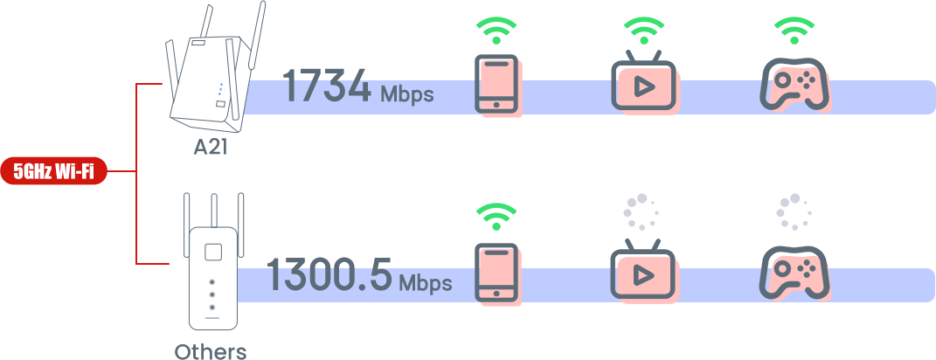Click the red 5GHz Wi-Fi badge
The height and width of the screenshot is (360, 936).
54,171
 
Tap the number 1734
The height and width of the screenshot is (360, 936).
327,87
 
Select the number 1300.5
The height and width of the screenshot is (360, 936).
329,274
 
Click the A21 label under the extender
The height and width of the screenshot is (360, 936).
211,147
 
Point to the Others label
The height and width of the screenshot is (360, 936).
211,351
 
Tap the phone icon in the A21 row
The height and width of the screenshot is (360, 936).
496,84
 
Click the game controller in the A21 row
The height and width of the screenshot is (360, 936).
794,84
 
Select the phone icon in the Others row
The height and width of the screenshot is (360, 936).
496,272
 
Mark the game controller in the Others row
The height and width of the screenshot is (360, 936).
794,273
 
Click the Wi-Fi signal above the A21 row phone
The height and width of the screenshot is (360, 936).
496,31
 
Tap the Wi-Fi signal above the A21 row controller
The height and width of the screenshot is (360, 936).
794,31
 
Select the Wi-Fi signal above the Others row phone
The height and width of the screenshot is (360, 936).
496,217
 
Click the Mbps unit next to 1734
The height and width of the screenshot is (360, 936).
406,93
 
